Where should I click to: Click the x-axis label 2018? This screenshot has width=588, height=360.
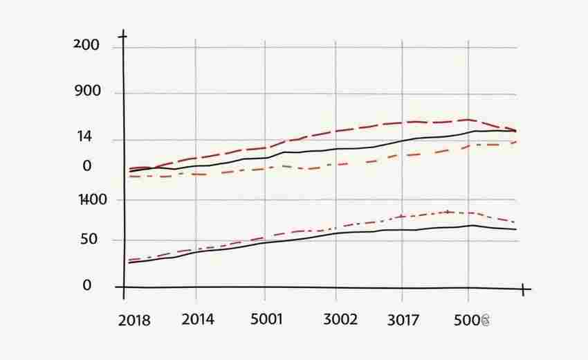pyautogui.click(x=134, y=321)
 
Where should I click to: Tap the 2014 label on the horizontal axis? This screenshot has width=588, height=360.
pyautogui.click(x=197, y=319)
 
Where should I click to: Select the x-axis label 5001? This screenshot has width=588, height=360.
pyautogui.click(x=266, y=319)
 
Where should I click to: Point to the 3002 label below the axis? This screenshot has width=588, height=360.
pyautogui.click(x=340, y=319)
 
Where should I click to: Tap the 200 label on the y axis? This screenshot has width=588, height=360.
pyautogui.click(x=86, y=46)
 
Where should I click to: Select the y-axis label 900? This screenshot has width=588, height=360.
pyautogui.click(x=87, y=91)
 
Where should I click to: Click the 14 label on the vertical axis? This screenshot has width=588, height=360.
pyautogui.click(x=84, y=137)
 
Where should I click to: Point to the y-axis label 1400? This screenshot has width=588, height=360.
pyautogui.click(x=93, y=200)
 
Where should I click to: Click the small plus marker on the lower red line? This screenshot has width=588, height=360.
pyautogui.click(x=448, y=211)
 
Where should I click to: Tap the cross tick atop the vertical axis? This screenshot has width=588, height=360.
pyautogui.click(x=123, y=35)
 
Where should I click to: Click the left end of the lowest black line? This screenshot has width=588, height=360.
pyautogui.click(x=129, y=263)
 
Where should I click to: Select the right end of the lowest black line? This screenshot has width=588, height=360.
pyautogui.click(x=516, y=229)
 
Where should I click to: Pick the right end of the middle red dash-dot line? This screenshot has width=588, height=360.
pyautogui.click(x=516, y=142)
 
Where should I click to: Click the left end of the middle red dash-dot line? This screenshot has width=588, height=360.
pyautogui.click(x=129, y=177)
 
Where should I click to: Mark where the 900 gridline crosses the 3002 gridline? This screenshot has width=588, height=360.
pyautogui.click(x=336, y=94)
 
